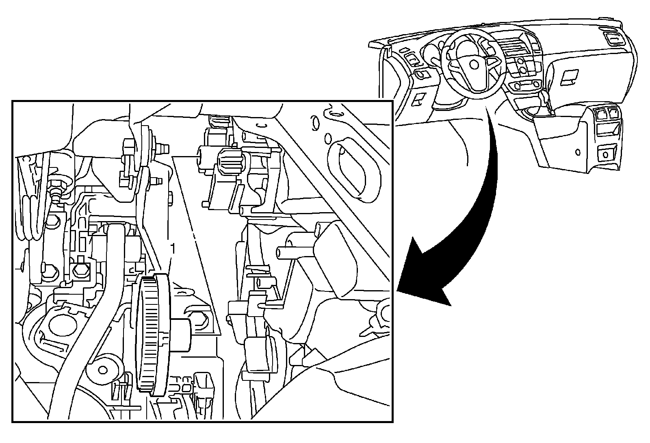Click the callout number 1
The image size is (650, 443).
173,248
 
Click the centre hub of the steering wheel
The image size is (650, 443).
474,64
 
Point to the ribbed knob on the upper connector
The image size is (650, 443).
230,162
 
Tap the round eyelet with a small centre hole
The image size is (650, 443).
104,369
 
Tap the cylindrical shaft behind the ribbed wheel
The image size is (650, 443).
181,333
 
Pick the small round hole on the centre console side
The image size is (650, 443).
578,152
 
